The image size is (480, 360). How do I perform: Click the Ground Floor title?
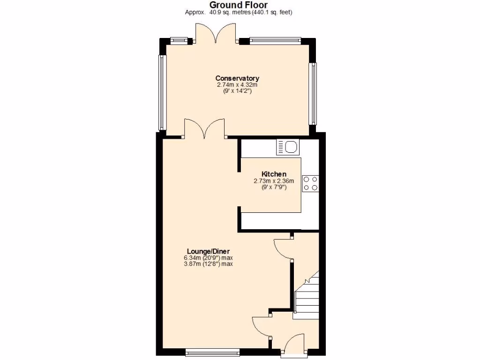pos(239,5)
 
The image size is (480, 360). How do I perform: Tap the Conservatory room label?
pos(237,78)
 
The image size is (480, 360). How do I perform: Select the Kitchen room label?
pos(274,174)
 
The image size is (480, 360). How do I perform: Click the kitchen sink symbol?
pos(287,147)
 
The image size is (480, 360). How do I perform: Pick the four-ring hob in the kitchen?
pos(310,183)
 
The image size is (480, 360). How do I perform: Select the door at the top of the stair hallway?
pos(283,249)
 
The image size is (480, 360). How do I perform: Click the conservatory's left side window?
pos(162,92)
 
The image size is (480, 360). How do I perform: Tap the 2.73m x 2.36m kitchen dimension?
pos(274,181)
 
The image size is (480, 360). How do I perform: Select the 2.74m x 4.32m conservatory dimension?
pos(237,85)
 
